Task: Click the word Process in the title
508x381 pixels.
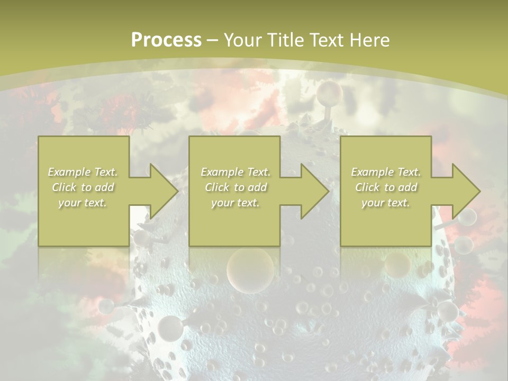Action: click(166, 40)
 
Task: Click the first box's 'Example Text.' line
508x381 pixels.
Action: click(83, 172)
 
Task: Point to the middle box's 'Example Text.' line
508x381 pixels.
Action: click(235, 172)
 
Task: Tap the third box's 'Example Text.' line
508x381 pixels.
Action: click(386, 172)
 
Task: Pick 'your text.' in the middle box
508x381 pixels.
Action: click(235, 203)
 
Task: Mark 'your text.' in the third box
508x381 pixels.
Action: click(385, 203)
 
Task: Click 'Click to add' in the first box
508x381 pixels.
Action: click(83, 187)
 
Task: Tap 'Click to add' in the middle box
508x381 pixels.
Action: click(235, 187)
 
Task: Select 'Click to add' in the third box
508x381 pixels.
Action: click(386, 187)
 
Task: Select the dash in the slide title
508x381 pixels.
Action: click(212, 40)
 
